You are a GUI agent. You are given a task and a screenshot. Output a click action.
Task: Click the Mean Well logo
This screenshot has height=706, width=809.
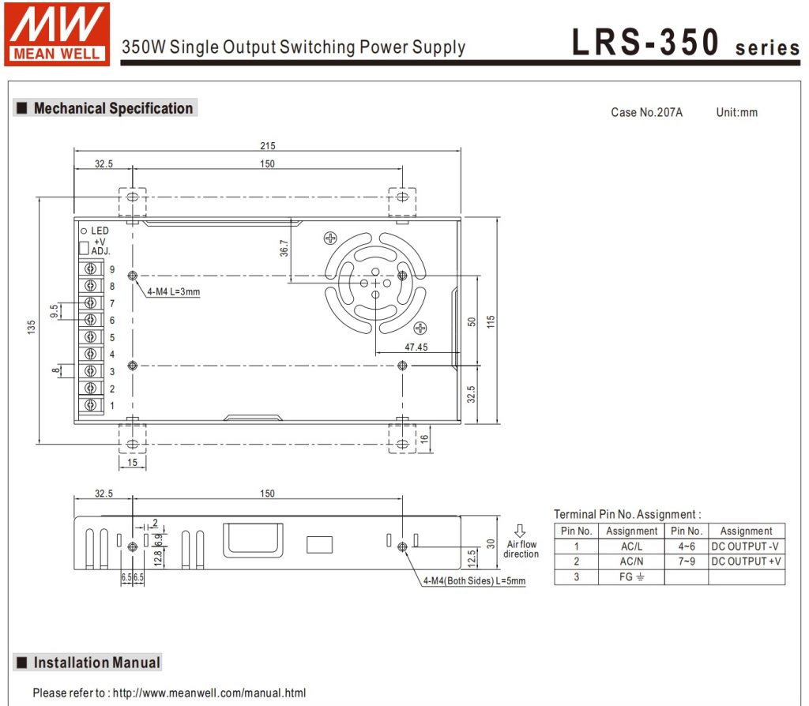point(57,34)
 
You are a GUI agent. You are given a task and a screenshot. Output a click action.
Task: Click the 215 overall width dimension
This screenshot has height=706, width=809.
point(268,146)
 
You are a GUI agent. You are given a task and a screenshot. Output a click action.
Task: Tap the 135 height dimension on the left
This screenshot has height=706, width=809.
point(32,327)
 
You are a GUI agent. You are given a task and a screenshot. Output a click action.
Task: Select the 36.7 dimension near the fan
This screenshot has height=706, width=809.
point(284,248)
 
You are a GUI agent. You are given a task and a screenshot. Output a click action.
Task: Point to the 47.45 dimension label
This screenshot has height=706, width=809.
point(416,347)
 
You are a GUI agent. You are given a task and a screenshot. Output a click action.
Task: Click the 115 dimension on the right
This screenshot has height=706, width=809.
point(491,321)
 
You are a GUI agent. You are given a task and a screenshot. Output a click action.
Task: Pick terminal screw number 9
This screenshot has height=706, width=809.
point(91,269)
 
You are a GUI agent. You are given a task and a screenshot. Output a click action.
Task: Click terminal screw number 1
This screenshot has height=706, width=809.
point(91,405)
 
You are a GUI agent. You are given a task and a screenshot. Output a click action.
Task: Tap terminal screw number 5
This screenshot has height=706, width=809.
point(91,336)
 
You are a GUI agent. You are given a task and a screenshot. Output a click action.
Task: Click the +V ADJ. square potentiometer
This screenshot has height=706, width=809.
point(84,248)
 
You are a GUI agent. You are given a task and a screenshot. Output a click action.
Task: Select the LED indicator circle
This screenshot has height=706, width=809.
point(84,231)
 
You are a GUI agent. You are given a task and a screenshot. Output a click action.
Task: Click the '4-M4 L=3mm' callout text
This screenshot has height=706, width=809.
point(173,292)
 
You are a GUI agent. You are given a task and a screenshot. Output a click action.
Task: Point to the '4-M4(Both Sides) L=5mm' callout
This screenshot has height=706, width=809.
point(474,580)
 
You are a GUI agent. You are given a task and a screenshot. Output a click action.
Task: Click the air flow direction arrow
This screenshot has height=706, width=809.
point(520,531)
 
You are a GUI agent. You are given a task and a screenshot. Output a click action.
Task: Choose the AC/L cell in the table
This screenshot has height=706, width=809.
point(631,546)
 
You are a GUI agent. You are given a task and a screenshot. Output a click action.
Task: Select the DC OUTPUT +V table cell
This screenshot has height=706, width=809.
point(747,561)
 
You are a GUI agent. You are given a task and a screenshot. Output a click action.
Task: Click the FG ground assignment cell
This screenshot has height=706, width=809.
point(631,576)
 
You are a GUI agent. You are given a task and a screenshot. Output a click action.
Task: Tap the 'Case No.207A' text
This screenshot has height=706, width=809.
point(646,112)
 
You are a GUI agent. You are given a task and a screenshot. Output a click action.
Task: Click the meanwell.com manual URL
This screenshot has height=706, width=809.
point(209,693)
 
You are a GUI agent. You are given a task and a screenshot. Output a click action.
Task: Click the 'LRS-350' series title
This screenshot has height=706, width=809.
point(645,42)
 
